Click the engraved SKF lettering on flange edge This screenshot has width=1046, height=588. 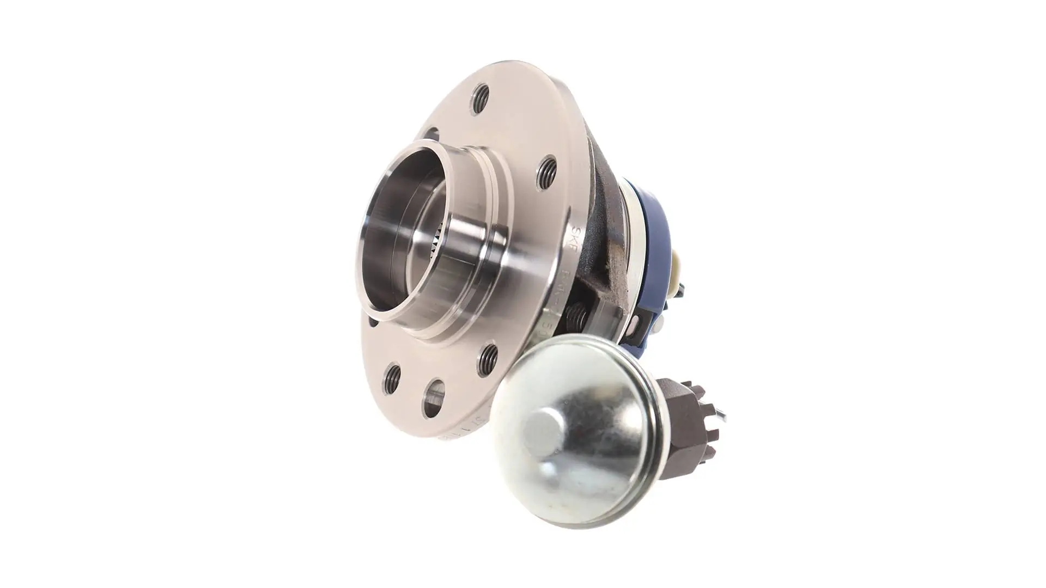click(x=579, y=237)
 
